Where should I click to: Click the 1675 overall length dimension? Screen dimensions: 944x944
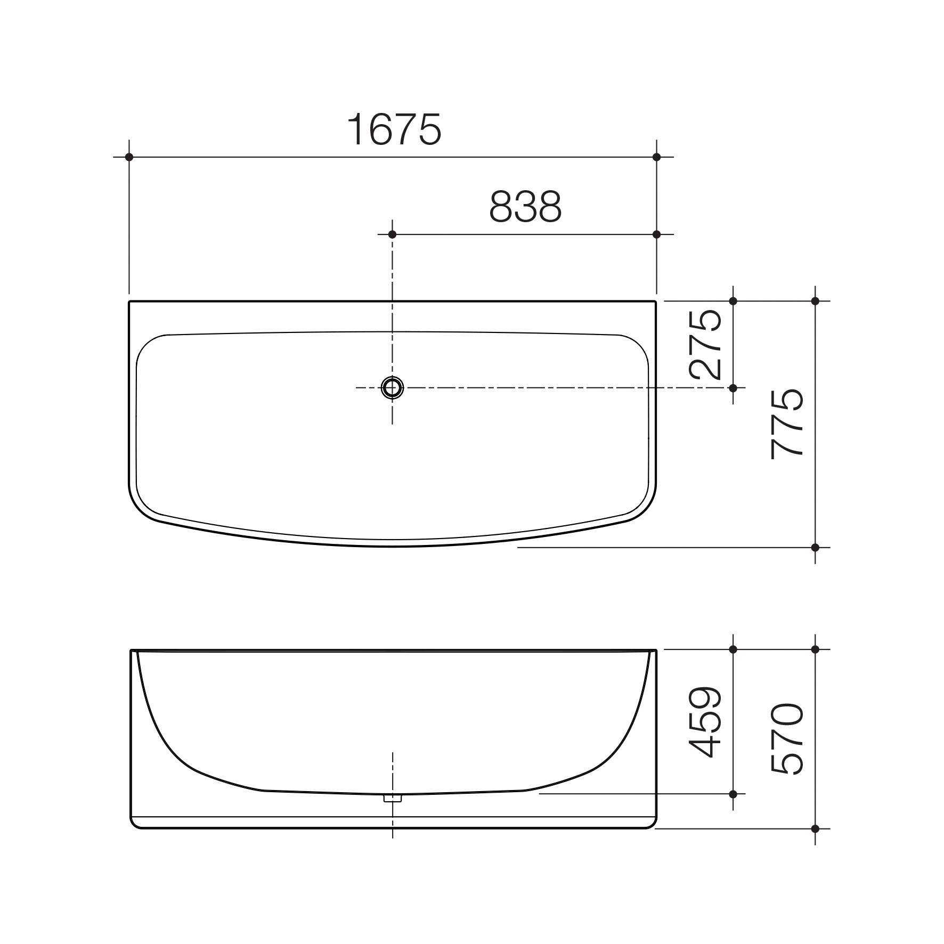click(x=394, y=129)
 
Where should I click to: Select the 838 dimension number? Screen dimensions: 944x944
click(x=525, y=207)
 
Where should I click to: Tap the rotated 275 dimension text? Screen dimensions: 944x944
click(x=705, y=344)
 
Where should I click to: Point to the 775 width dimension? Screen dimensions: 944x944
click(x=787, y=424)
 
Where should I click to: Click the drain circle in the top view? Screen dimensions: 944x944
click(x=393, y=388)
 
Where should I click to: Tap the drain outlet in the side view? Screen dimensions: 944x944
click(x=393, y=798)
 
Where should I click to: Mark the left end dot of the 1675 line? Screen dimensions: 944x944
click(x=129, y=157)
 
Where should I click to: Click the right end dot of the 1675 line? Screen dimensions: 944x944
click(x=656, y=157)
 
